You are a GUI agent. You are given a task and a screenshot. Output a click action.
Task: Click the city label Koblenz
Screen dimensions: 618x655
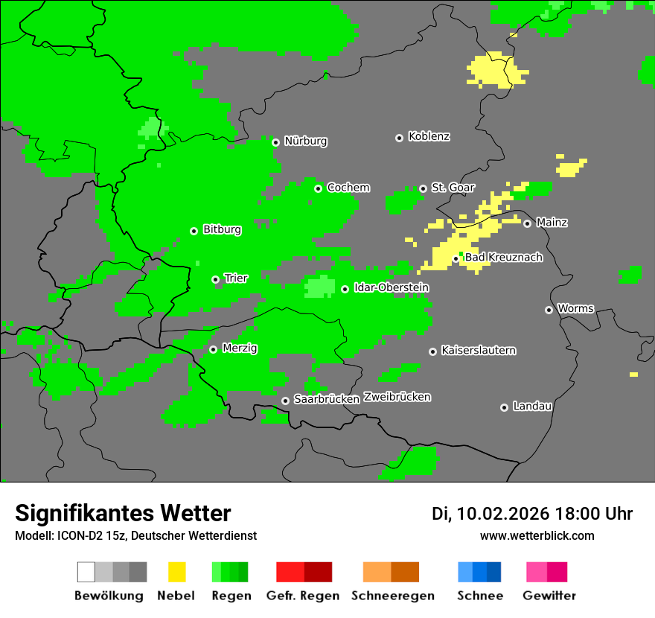pyautogui.click(x=429, y=137)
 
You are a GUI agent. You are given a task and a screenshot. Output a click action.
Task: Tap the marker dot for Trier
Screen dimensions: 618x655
pyautogui.click(x=215, y=280)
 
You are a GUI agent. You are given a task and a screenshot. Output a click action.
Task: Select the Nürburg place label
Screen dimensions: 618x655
pyautogui.click(x=305, y=141)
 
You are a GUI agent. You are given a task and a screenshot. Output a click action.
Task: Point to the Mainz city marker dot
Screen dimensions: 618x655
pyautogui.click(x=527, y=223)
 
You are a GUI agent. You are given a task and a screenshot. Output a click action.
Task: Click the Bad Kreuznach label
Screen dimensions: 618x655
pyautogui.click(x=503, y=258)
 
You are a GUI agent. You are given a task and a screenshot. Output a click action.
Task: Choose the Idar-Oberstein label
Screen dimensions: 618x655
pyautogui.click(x=392, y=288)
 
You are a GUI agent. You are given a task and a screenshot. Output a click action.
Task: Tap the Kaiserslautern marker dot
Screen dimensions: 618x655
pyautogui.click(x=432, y=351)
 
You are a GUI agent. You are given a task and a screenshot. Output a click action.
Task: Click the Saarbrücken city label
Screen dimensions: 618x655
pyautogui.click(x=327, y=400)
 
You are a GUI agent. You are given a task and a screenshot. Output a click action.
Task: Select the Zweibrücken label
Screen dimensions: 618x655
pyautogui.click(x=397, y=397)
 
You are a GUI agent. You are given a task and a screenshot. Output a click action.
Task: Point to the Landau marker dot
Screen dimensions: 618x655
pyautogui.click(x=504, y=407)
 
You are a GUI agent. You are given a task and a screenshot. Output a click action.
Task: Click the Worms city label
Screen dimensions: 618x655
pyautogui.click(x=575, y=309)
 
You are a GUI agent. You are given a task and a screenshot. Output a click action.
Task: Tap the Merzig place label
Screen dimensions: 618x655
pyautogui.click(x=240, y=348)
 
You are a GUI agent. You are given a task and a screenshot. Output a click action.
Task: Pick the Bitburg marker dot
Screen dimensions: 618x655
pyautogui.click(x=194, y=231)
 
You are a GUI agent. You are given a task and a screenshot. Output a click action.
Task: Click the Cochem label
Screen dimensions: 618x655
pyautogui.click(x=348, y=188)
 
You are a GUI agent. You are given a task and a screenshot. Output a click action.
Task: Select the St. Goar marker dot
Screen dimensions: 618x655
pyautogui.click(x=423, y=188)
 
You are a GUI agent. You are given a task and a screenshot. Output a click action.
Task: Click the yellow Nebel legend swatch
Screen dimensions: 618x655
pyautogui.click(x=176, y=572)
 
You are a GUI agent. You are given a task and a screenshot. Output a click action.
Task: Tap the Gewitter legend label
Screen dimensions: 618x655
pyautogui.click(x=549, y=596)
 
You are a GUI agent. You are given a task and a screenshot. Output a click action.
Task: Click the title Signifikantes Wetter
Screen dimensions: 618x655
pyautogui.click(x=123, y=513)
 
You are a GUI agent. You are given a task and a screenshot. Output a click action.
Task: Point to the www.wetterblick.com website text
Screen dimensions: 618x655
pyautogui.click(x=537, y=536)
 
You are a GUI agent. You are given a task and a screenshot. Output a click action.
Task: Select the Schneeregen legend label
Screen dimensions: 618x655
pyautogui.click(x=392, y=596)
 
